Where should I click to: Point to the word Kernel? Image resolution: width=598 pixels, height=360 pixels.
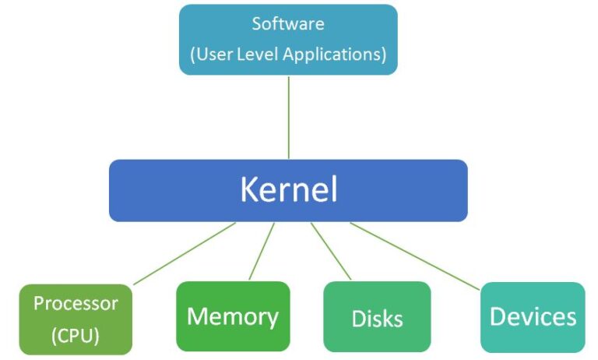[288, 190]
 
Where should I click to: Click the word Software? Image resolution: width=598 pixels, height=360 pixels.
[288, 23]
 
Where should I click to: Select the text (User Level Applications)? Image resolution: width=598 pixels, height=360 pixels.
[288, 55]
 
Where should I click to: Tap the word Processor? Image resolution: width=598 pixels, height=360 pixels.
[76, 303]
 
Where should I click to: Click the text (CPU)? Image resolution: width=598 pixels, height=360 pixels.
[76, 337]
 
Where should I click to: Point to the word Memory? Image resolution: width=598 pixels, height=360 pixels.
[233, 316]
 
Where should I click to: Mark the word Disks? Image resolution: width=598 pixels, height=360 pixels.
[377, 319]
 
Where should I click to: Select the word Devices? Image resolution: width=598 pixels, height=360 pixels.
[533, 316]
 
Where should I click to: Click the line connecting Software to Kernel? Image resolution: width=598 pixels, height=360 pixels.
[289, 117]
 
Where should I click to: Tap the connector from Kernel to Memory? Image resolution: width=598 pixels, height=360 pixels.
[262, 251]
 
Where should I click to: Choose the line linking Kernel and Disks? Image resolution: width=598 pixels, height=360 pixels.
[331, 251]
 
